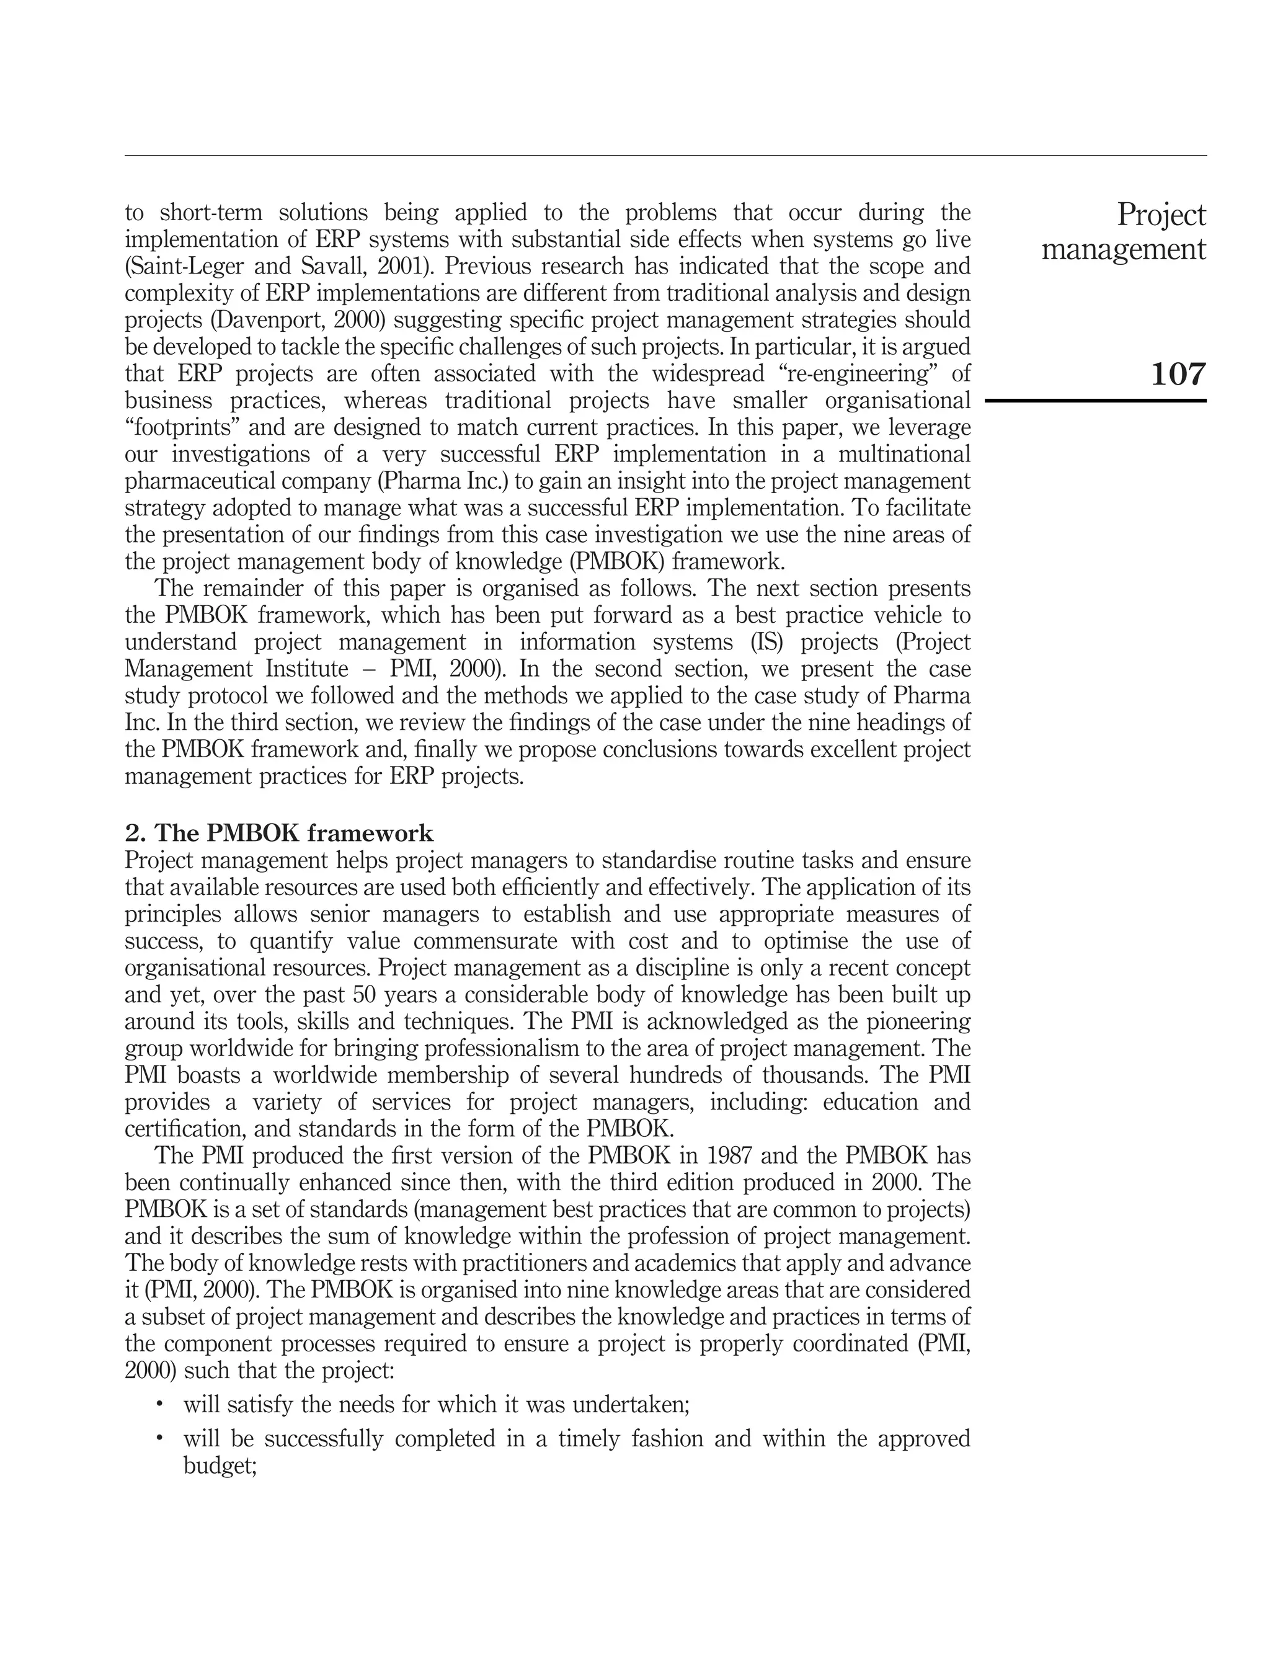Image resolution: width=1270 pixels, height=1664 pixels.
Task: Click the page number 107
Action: tap(1178, 374)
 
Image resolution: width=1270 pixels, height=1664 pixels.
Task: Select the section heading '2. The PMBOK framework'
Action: tap(279, 833)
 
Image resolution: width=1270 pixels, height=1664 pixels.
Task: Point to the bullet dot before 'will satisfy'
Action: tap(159, 1404)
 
